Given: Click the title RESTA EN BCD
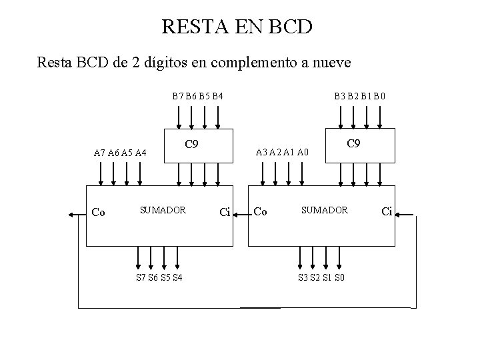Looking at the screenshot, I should coord(237,27).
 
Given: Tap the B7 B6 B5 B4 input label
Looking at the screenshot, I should coord(197,96).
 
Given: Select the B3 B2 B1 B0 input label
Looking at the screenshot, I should coord(359,96).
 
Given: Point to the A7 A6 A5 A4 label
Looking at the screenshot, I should coord(120,153).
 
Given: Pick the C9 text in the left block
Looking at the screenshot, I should coord(191,144).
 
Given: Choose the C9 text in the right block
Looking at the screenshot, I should coord(355,143).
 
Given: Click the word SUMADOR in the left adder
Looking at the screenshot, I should coord(162,210).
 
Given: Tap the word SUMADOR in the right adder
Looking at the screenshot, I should coord(324,210).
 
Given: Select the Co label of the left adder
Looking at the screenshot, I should coord(98,213).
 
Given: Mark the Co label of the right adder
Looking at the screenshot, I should coord(261,213).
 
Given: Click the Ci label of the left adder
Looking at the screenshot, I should coord(225,213).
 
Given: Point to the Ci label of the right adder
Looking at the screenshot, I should coord(387,213).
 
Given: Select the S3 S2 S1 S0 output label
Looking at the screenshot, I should coord(322,277).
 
